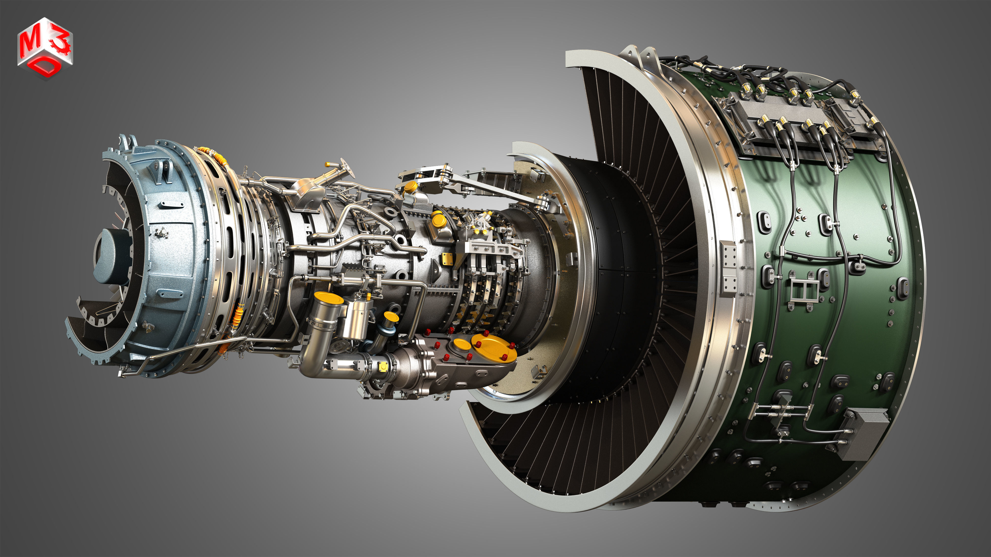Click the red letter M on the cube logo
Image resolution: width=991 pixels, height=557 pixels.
[31, 43]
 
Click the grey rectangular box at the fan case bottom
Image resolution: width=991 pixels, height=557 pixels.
[862, 434]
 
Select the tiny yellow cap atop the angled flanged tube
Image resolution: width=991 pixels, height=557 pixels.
[327, 164]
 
